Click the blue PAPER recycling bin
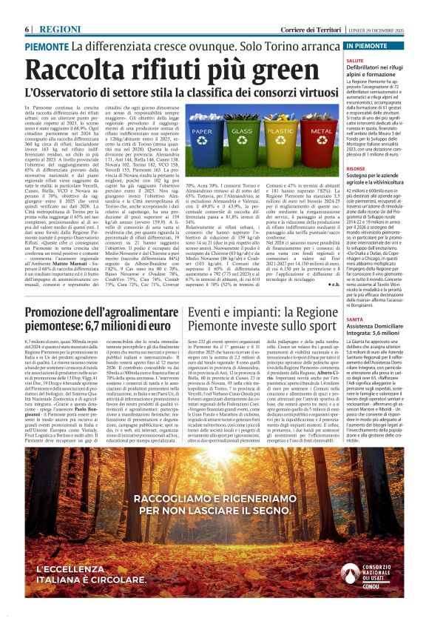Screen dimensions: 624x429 pyautogui.click(x=201, y=139)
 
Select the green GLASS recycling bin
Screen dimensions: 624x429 pyautogui.click(x=240, y=139)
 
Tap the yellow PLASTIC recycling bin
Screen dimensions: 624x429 pyautogui.click(x=280, y=139)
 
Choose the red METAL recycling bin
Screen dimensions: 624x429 pyautogui.click(x=318, y=139)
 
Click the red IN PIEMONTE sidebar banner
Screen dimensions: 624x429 pyautogui.click(x=374, y=45)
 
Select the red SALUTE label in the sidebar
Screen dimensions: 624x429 pyautogui.click(x=356, y=61)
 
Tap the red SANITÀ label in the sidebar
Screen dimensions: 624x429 pyautogui.click(x=355, y=318)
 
